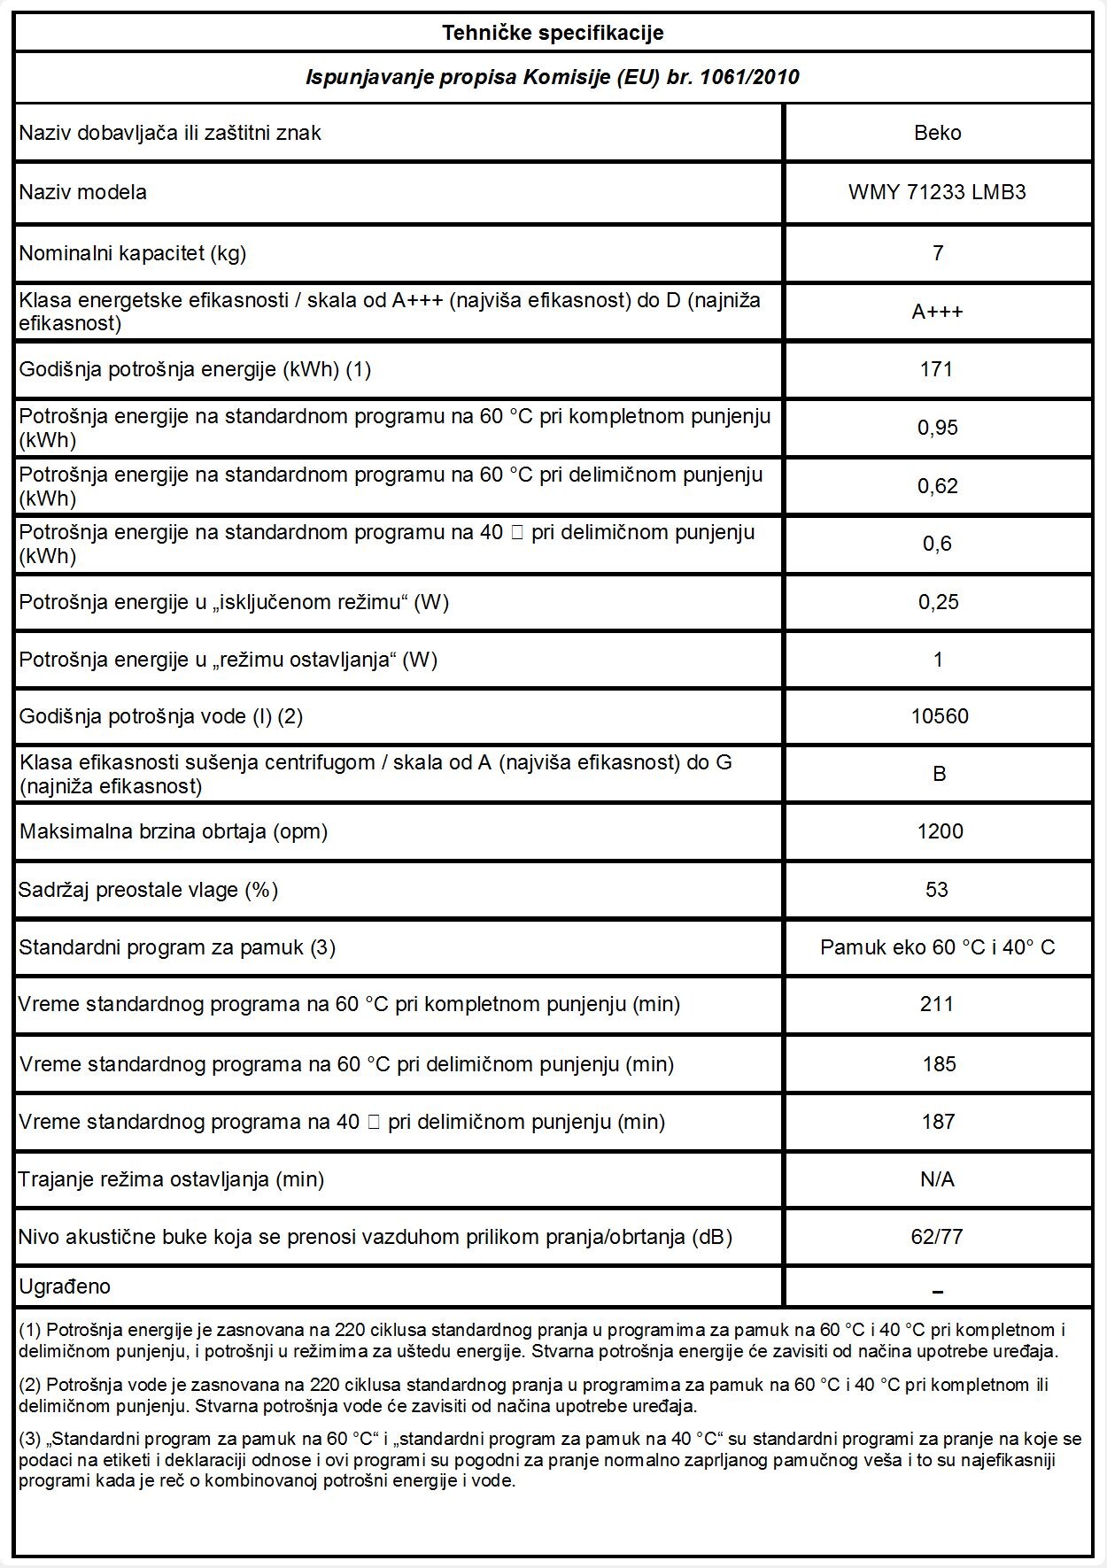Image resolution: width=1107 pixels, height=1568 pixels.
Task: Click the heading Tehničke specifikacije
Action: tap(553, 34)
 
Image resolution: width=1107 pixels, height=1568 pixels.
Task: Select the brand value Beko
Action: tap(937, 133)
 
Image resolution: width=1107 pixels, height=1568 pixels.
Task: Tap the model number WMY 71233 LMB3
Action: tap(937, 192)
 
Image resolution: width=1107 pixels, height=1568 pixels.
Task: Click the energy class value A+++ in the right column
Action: tap(937, 312)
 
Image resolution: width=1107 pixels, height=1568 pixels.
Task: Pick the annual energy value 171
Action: tap(936, 369)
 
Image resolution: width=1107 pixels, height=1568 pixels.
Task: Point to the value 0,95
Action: tap(937, 428)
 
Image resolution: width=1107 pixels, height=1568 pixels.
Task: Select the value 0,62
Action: tap(937, 486)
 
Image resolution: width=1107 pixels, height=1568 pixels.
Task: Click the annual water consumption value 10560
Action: tap(939, 716)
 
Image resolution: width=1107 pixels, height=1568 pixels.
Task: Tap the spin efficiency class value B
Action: tap(939, 774)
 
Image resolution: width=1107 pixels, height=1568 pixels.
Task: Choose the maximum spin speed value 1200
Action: tap(939, 831)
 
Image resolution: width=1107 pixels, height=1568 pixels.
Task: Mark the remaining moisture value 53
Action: tap(937, 889)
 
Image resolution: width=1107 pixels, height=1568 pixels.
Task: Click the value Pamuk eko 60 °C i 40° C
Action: tap(937, 947)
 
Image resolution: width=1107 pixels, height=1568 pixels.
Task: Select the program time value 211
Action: tap(937, 1004)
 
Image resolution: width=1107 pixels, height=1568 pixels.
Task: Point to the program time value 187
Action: tap(938, 1122)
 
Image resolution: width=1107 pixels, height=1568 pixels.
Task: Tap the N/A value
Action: tap(937, 1179)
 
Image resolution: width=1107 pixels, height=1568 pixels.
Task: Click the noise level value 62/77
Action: tap(937, 1237)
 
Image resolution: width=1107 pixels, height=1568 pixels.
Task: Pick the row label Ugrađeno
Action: tap(65, 1286)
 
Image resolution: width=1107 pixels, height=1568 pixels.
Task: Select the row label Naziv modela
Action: tap(83, 192)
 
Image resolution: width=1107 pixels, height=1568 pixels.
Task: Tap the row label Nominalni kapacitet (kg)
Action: tap(133, 253)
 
